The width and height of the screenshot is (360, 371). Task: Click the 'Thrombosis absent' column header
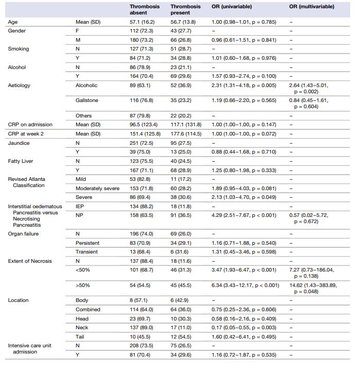(x=144, y=9)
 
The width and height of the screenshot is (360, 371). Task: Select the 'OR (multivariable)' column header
(x=312, y=7)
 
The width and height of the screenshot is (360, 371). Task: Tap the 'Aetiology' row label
(x=19, y=85)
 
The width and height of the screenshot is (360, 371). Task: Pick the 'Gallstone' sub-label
(x=87, y=100)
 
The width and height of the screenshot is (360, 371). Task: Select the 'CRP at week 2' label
(x=25, y=133)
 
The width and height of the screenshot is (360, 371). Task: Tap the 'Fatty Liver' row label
(x=21, y=161)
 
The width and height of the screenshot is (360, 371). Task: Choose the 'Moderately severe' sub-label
(x=97, y=188)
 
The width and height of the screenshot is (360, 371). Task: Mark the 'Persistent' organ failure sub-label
(x=88, y=243)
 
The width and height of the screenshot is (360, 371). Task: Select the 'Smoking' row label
(x=19, y=49)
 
